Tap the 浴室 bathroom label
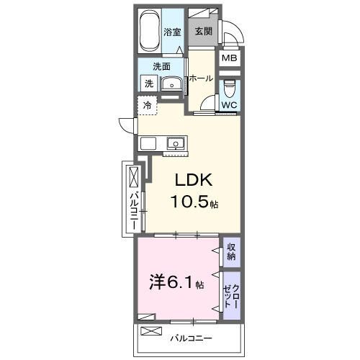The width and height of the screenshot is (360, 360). [x=171, y=32]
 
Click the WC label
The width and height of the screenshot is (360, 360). [x=228, y=106]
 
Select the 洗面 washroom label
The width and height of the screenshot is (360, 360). [x=161, y=66]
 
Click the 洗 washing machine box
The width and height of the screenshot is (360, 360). [x=149, y=84]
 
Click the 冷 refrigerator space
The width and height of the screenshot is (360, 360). [x=147, y=106]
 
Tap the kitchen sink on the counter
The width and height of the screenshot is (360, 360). [x=175, y=143]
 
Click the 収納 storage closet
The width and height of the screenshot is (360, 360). [x=231, y=251]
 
